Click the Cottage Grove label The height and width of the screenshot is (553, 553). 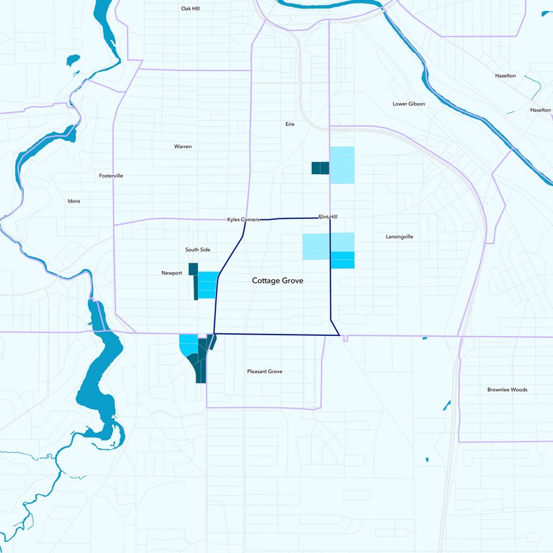click(x=277, y=281)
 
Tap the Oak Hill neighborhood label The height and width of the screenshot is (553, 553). click(x=190, y=8)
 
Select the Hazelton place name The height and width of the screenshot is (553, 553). click(x=505, y=75)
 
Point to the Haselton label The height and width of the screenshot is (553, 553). click(x=540, y=110)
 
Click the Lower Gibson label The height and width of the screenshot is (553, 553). click(x=409, y=104)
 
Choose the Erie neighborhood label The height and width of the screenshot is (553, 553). click(x=290, y=124)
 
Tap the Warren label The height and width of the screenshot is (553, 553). click(x=182, y=147)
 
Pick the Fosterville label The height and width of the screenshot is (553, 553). click(x=111, y=176)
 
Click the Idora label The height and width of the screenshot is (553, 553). click(x=73, y=201)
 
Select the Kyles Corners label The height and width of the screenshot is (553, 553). click(x=243, y=219)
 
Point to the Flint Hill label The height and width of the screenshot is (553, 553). click(x=328, y=216)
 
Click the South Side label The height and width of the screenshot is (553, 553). click(x=198, y=249)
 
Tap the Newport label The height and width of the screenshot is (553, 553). click(x=171, y=273)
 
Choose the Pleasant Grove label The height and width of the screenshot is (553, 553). click(x=265, y=371)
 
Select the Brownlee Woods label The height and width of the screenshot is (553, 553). click(x=507, y=390)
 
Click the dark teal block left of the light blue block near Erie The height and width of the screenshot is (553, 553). click(x=320, y=168)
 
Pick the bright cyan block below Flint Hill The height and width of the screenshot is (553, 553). click(x=342, y=259)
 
